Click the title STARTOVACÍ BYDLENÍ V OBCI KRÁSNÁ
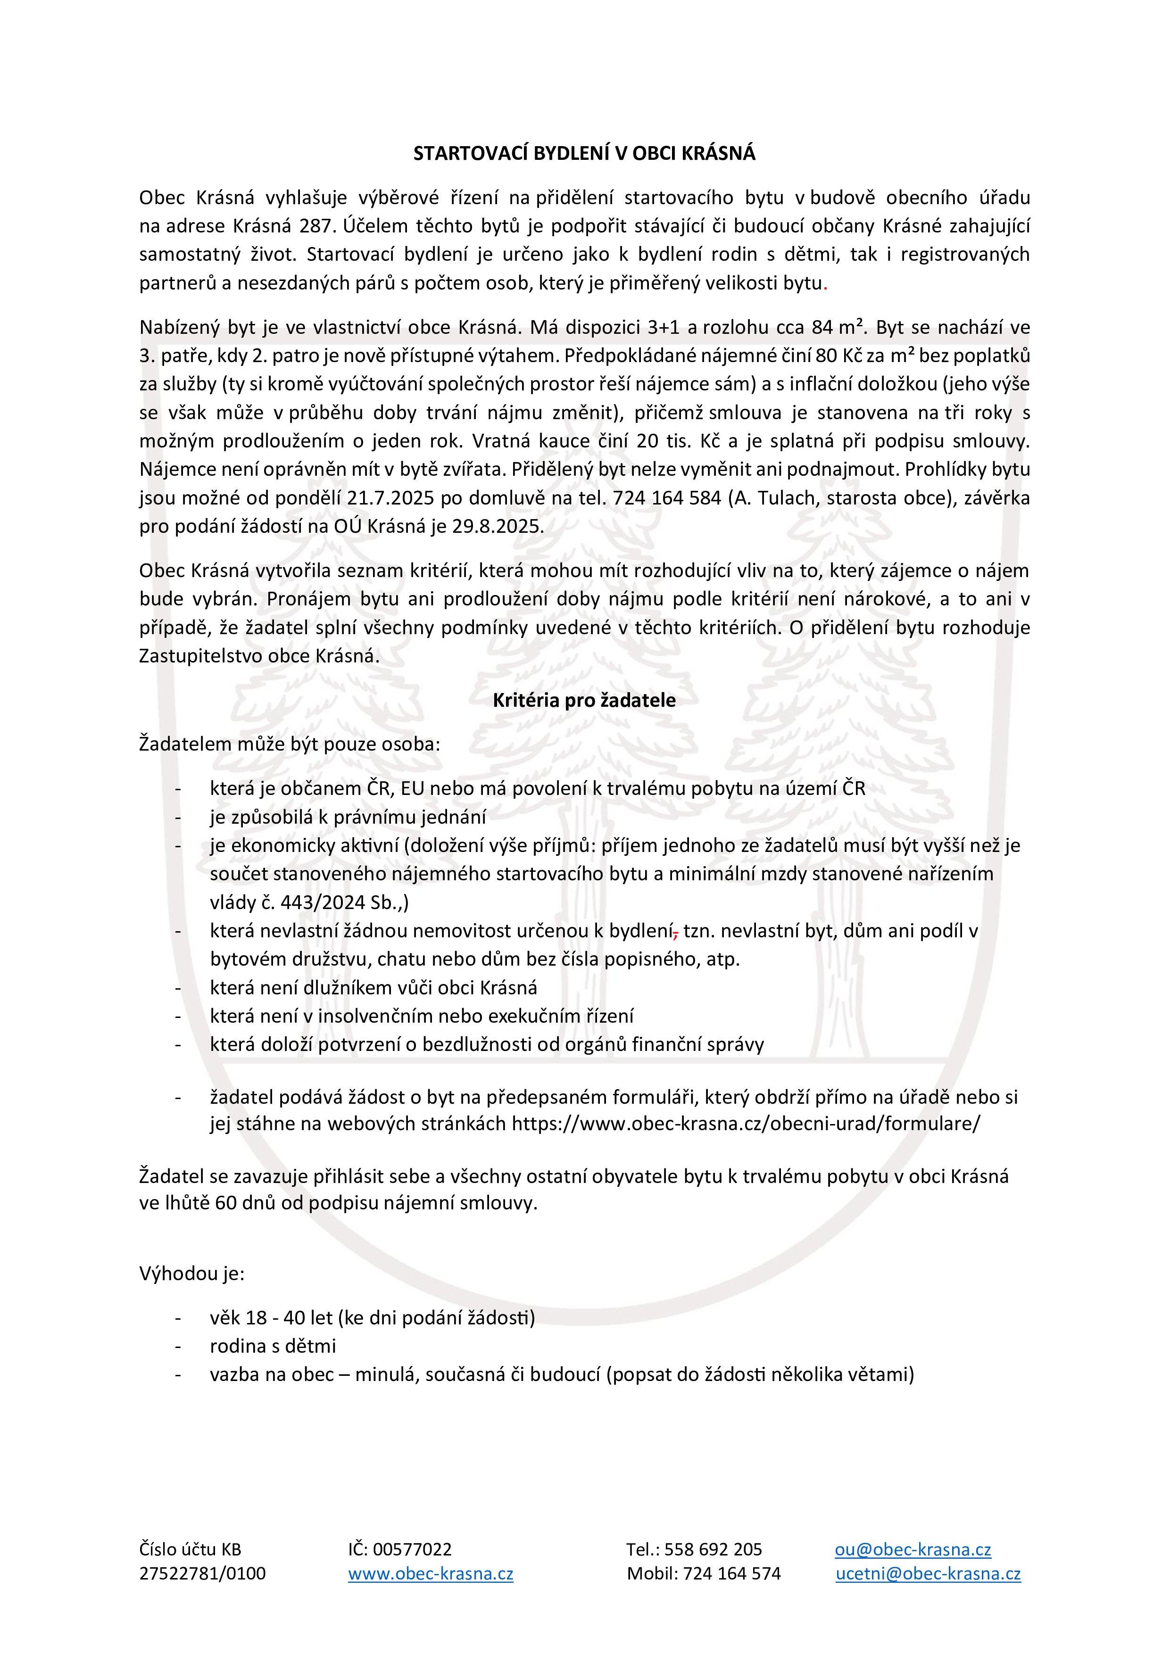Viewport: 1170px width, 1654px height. pos(584,153)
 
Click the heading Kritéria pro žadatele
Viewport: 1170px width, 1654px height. pos(584,700)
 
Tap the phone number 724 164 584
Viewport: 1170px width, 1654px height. pos(666,498)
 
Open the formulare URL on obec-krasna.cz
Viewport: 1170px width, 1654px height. pos(746,1124)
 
